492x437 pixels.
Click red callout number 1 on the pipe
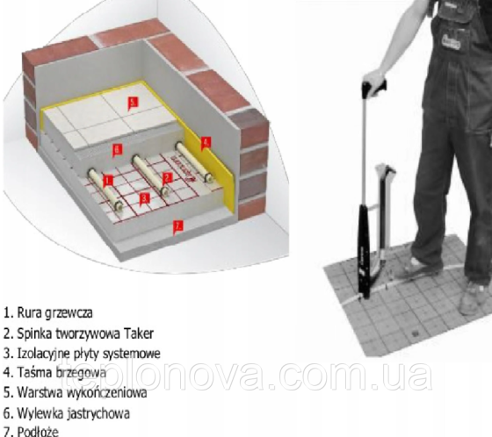108,180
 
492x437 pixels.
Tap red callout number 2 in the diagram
165,177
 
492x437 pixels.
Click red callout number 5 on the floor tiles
133,102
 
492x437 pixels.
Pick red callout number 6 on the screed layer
117,150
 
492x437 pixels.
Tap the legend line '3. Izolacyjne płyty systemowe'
82,354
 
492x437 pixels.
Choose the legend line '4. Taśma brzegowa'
54,374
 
